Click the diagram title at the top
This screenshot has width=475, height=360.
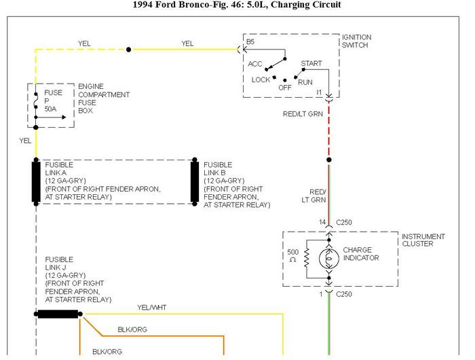(x=237, y=5)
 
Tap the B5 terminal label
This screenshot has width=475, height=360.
(x=250, y=42)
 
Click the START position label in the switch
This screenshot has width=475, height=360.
(x=311, y=63)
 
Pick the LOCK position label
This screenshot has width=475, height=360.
(x=261, y=79)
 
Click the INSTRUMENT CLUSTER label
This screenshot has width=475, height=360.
(x=423, y=240)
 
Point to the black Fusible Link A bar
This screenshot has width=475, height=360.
(x=36, y=181)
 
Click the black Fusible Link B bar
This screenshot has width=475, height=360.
(x=195, y=181)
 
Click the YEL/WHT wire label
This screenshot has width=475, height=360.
(x=151, y=308)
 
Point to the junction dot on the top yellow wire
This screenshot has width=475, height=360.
(x=129, y=49)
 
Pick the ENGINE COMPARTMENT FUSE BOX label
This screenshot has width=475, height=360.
(x=103, y=98)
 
